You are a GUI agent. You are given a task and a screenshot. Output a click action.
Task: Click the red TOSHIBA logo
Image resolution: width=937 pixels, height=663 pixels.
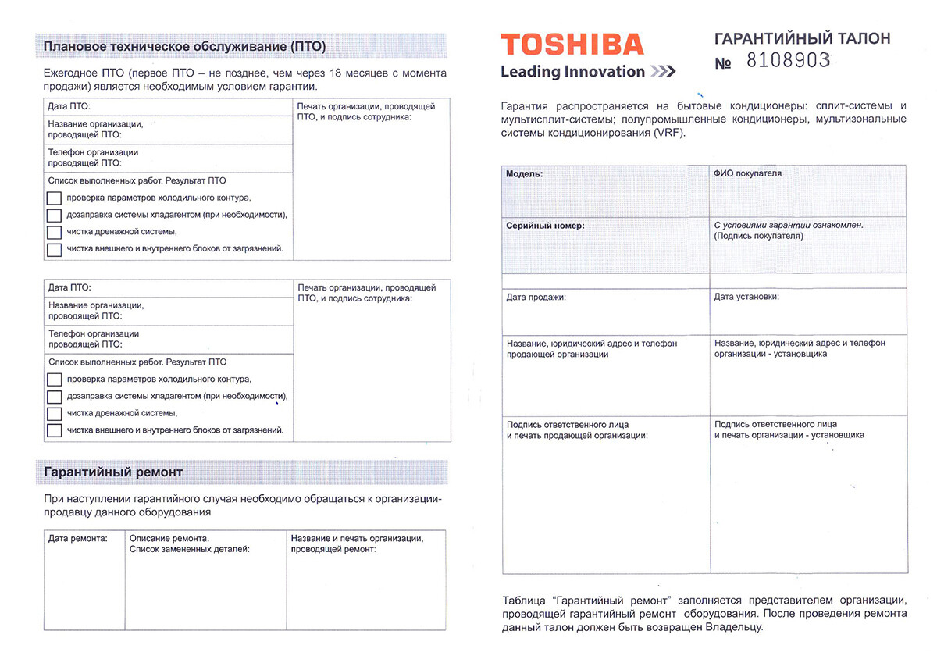click(x=572, y=44)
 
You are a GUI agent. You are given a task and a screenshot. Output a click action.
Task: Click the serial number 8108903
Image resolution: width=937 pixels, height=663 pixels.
click(x=788, y=61)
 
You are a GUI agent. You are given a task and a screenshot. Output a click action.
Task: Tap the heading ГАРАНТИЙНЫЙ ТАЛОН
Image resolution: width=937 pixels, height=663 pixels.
click(x=802, y=38)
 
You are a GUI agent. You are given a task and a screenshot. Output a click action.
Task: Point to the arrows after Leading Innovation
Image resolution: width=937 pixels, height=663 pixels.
click(x=662, y=73)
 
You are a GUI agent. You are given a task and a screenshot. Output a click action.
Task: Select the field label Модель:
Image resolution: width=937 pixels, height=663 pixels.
click(x=525, y=173)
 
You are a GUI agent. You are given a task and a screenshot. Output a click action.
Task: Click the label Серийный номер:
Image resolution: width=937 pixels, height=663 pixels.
click(x=545, y=226)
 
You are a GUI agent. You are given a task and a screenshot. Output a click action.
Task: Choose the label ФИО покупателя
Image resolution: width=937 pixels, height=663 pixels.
click(x=747, y=173)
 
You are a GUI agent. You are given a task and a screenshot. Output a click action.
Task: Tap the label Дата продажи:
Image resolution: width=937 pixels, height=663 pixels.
click(x=536, y=298)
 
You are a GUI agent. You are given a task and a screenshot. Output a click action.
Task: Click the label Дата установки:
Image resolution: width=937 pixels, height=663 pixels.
click(x=746, y=298)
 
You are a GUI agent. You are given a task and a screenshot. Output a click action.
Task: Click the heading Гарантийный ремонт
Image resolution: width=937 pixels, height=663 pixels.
click(x=114, y=472)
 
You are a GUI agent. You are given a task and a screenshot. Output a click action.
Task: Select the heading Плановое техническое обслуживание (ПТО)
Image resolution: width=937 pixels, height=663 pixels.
click(x=185, y=46)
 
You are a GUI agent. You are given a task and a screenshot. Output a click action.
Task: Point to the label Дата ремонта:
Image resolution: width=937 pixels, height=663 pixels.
click(x=77, y=539)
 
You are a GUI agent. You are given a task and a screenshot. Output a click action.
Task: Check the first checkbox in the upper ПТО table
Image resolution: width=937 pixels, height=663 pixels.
click(x=54, y=198)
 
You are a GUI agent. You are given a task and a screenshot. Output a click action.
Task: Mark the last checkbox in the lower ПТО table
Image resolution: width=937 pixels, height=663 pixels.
click(x=54, y=430)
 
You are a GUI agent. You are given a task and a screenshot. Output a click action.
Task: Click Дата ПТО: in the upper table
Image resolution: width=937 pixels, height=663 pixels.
click(x=69, y=106)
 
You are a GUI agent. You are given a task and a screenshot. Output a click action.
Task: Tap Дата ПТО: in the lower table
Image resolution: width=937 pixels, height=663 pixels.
click(x=70, y=287)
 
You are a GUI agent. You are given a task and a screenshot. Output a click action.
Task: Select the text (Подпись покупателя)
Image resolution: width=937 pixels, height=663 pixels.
click(x=759, y=236)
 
